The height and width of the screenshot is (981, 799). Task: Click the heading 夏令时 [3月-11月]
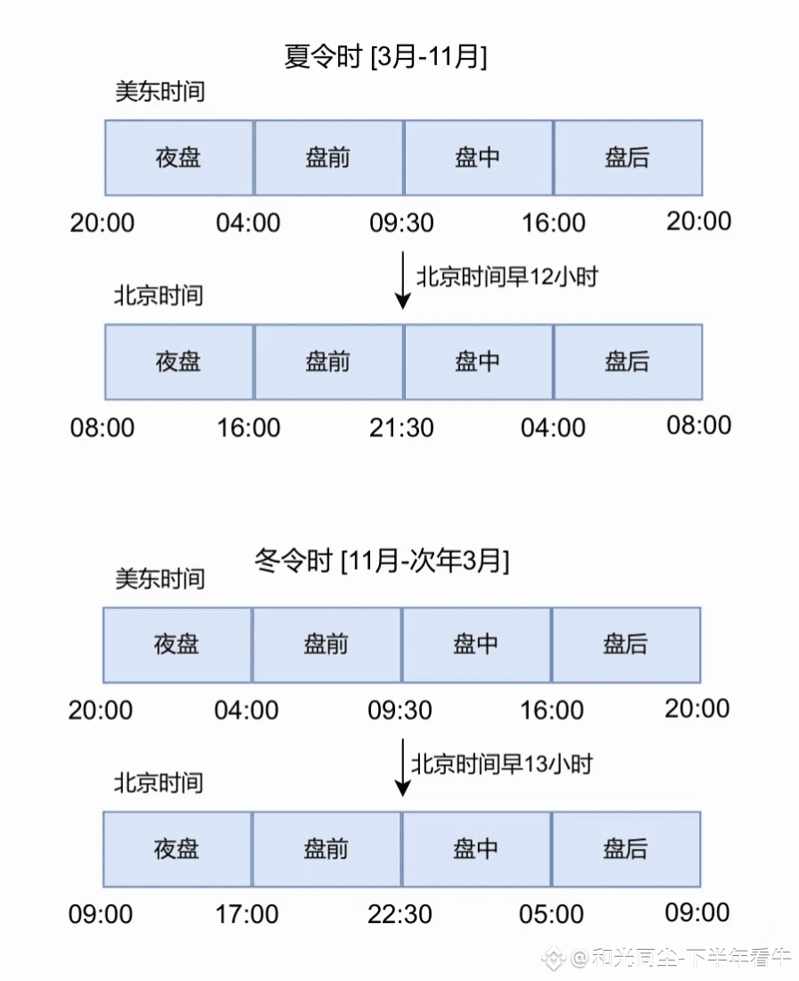click(384, 57)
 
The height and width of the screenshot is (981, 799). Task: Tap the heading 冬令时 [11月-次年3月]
click(382, 562)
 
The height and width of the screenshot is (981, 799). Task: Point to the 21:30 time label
click(401, 427)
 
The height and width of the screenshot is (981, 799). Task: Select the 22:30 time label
click(399, 914)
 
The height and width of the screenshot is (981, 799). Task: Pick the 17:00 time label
click(246, 914)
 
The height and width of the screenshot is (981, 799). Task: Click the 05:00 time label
click(552, 914)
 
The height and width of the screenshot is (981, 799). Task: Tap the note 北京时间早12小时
click(507, 276)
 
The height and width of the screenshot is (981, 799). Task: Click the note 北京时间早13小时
click(501, 763)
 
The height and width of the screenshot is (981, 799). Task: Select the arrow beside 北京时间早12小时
click(403, 280)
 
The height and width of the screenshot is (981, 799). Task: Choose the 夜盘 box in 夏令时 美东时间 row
click(179, 158)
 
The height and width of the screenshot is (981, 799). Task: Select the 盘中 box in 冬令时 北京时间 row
click(476, 848)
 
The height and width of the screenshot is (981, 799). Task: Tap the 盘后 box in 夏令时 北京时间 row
click(628, 361)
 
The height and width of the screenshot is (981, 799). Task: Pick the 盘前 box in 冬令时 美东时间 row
click(326, 644)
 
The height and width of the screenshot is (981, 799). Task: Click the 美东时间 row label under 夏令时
click(160, 91)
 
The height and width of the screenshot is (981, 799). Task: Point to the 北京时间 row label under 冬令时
click(158, 782)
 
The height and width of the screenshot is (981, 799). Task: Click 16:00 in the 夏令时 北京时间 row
click(248, 427)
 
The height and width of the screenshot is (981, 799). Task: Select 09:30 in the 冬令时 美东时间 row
click(399, 711)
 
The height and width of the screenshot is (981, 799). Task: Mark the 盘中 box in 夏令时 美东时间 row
click(478, 158)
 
